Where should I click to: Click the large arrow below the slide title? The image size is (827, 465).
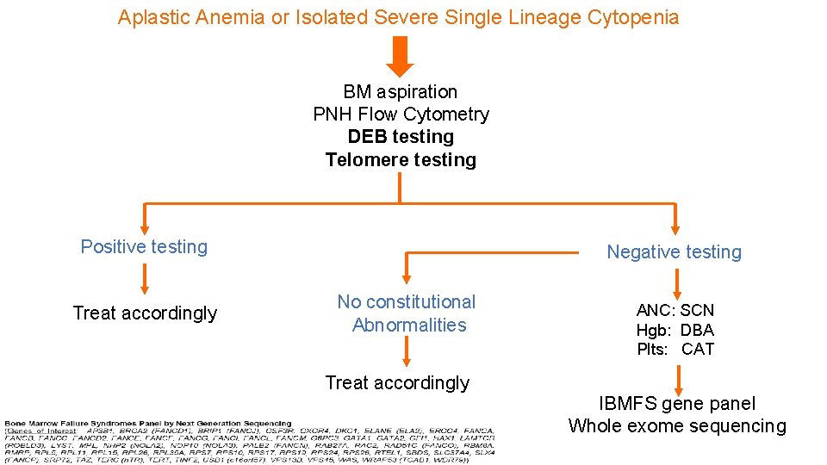click(399, 57)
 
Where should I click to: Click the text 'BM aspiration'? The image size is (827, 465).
click(400, 92)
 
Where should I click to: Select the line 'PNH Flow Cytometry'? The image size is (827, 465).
click(401, 115)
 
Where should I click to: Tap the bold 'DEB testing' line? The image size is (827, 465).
click(401, 137)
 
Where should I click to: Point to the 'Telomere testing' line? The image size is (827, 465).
click(401, 159)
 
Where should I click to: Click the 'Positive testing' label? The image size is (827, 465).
click(144, 247)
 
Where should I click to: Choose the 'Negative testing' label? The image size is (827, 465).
click(674, 252)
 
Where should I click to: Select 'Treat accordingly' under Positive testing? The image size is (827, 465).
click(145, 313)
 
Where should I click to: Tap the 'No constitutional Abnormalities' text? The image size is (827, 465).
click(407, 313)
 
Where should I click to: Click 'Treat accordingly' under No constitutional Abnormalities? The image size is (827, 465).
click(397, 383)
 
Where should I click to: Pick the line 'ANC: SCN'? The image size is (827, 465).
click(675, 310)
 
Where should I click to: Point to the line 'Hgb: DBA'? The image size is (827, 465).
click(675, 330)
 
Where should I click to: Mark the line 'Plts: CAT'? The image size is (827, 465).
click(675, 350)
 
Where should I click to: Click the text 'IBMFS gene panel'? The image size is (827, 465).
click(677, 404)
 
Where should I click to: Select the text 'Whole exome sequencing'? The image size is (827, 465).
click(677, 426)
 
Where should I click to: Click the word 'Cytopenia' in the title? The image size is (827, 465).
click(637, 17)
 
